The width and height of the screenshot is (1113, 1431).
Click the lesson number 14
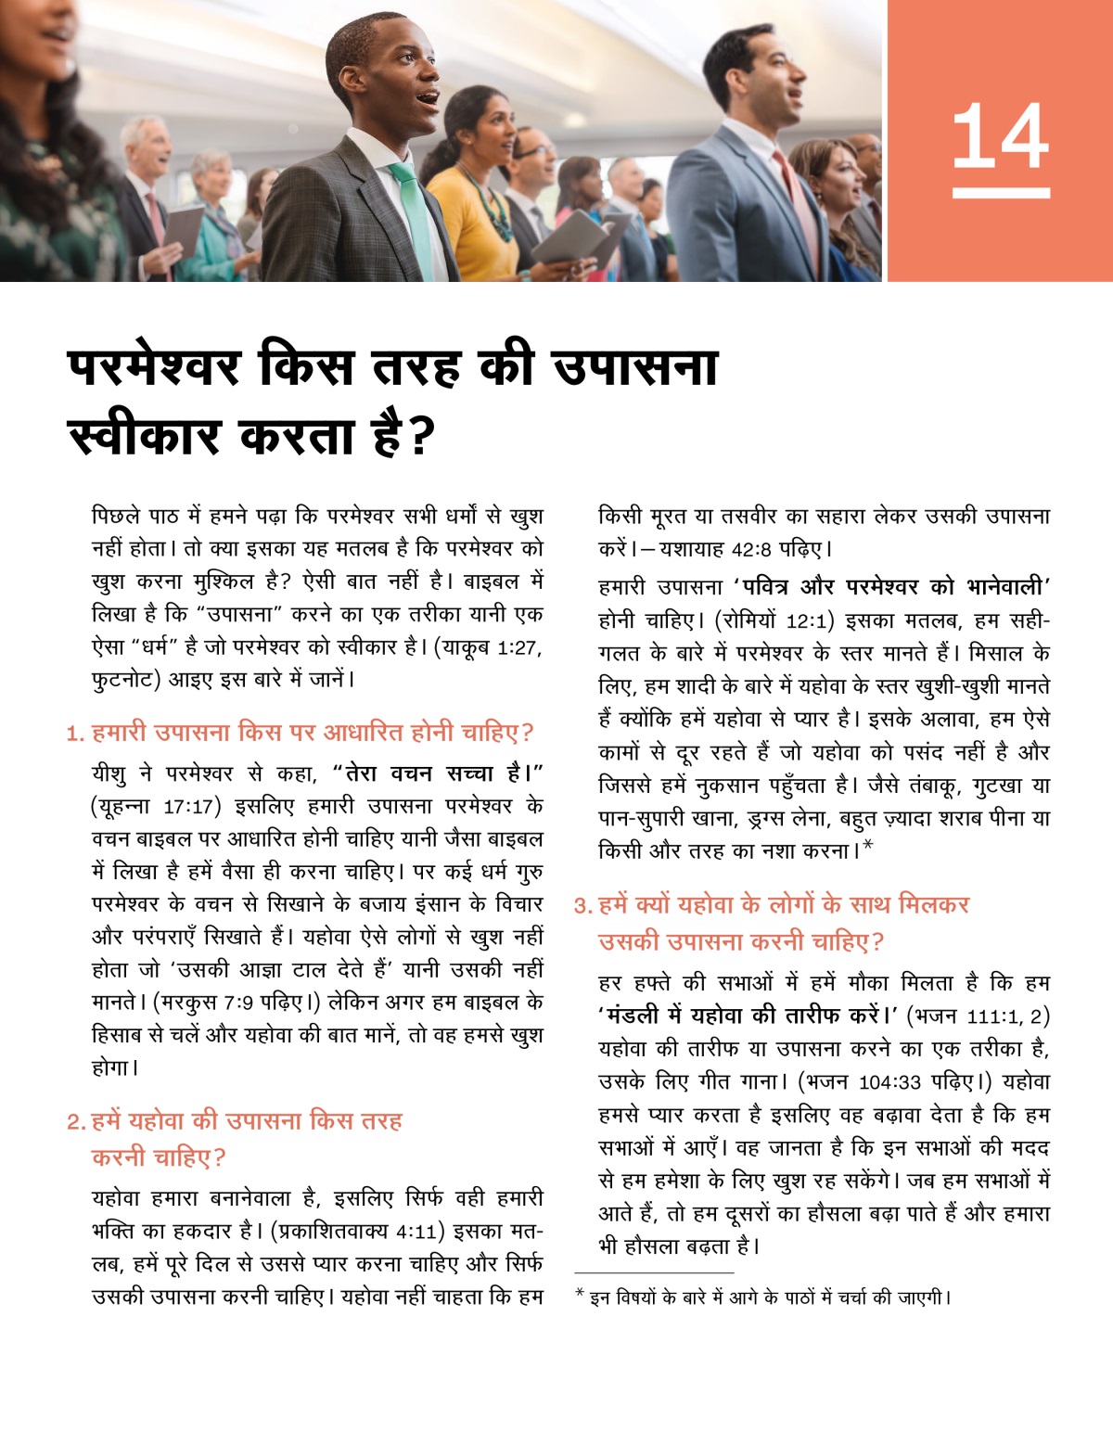click(x=1000, y=136)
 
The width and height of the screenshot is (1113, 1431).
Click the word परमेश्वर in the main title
click(x=154, y=366)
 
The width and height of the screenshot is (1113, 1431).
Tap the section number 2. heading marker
click(x=75, y=1122)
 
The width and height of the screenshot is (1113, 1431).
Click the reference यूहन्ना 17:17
click(x=156, y=806)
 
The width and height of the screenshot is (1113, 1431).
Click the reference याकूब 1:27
click(x=493, y=646)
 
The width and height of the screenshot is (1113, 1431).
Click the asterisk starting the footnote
click(x=580, y=1294)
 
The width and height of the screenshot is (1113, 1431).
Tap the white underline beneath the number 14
click(x=1000, y=193)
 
